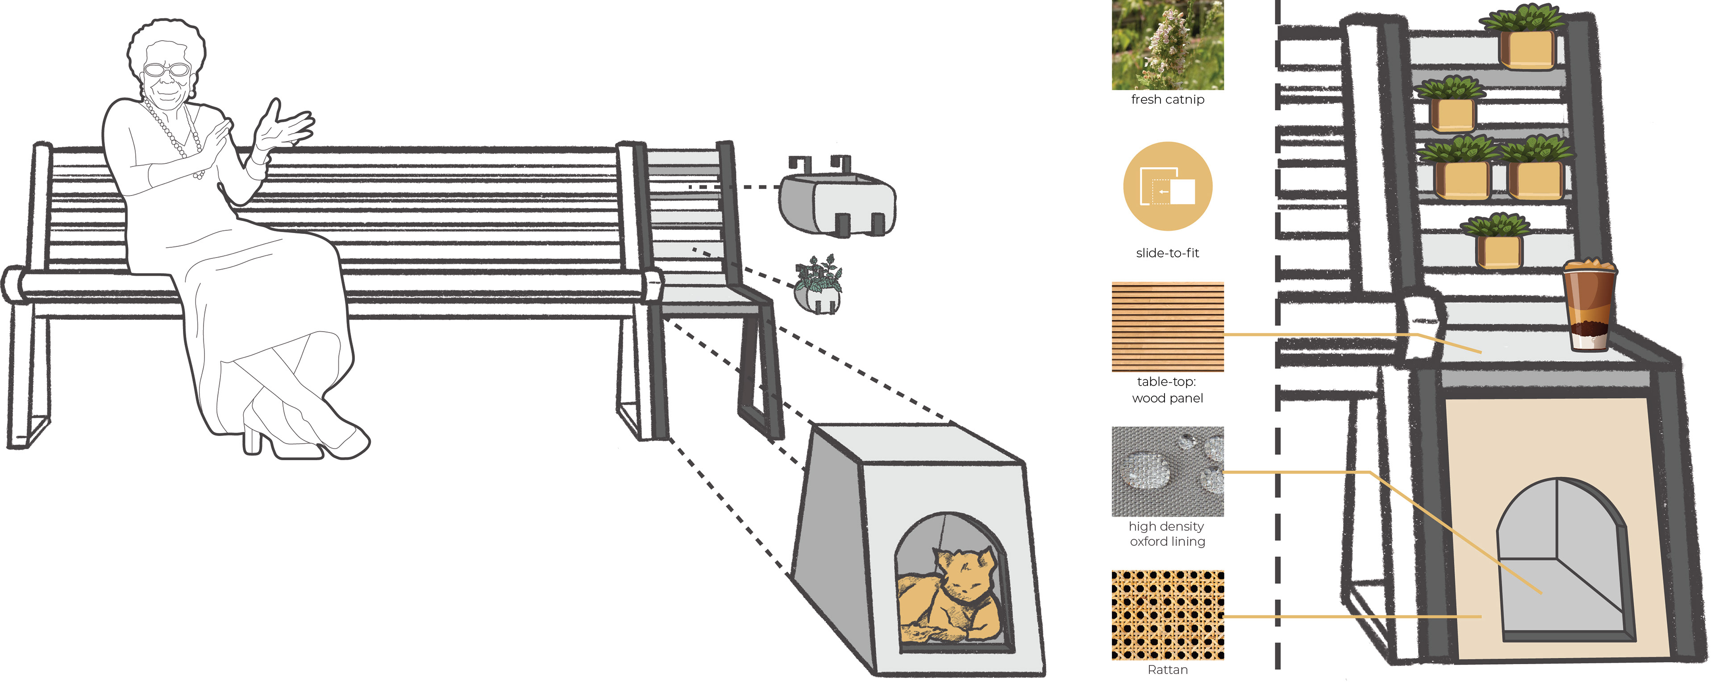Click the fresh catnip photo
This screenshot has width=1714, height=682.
pos(1167,45)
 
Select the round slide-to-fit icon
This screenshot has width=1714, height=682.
pos(1167,186)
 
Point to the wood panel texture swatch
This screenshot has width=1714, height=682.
pos(1167,326)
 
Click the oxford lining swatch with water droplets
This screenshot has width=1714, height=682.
pos(1167,471)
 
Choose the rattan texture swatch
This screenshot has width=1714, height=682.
pos(1167,615)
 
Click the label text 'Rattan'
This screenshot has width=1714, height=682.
pos(1167,670)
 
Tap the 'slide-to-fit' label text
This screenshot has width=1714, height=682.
pos(1167,253)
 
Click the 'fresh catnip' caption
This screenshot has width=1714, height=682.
pos(1167,99)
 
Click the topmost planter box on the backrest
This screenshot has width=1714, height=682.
pos(1527,48)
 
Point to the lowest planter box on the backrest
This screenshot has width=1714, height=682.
pos(1498,251)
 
